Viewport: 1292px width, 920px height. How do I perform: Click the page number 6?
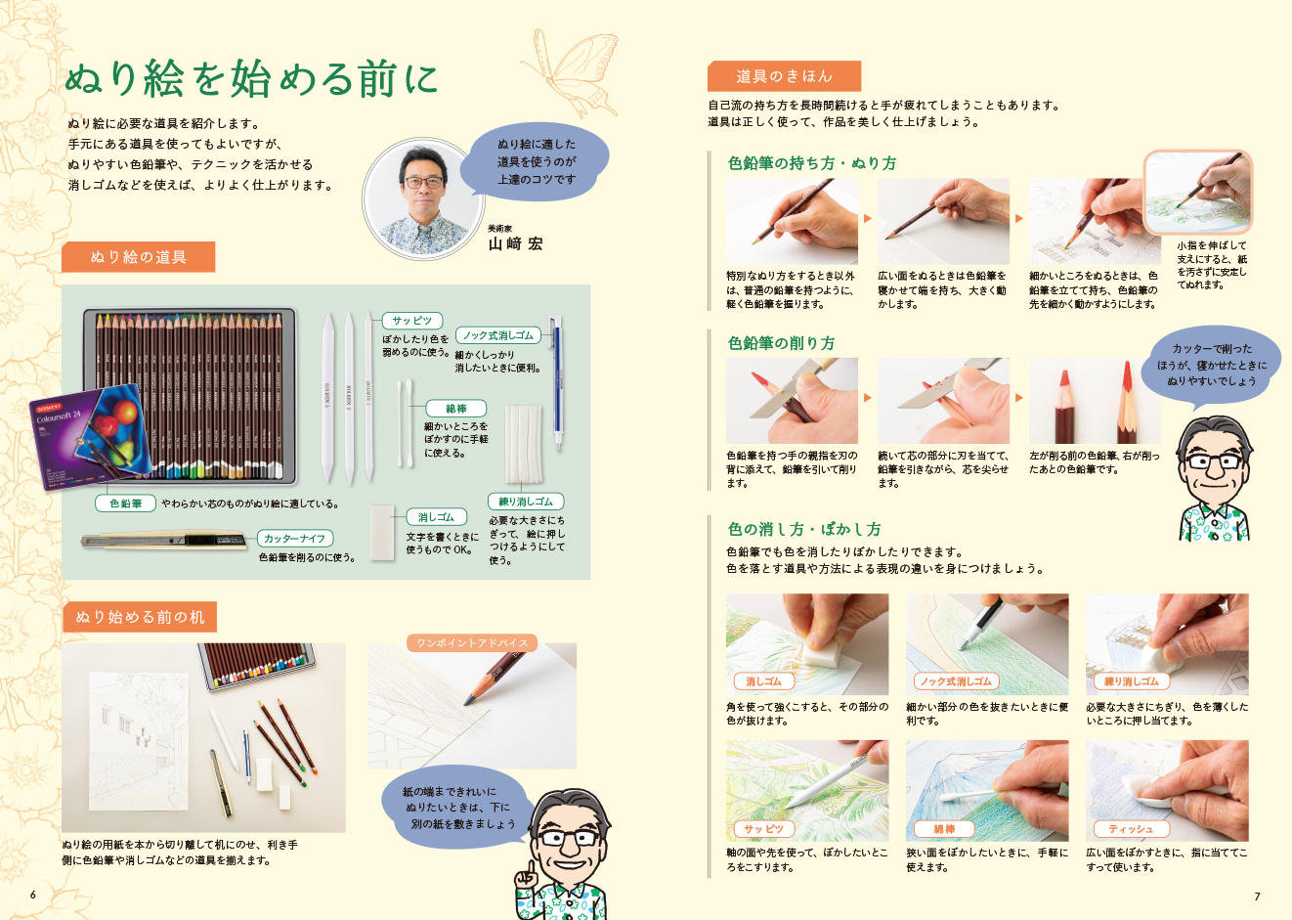pos(33,895)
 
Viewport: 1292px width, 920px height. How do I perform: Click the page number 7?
pos(1257,897)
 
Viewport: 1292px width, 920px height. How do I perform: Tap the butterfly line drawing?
pos(571,71)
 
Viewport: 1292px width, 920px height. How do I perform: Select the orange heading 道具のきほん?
pos(784,76)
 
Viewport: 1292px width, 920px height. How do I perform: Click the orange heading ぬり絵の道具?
pos(139,257)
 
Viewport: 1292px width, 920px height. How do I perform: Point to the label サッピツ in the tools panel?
pos(411,321)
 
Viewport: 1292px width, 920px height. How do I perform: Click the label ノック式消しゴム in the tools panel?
pos(498,335)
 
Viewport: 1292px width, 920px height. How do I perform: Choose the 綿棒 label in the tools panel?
pos(455,409)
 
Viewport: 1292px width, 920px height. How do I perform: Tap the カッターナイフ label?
pos(295,539)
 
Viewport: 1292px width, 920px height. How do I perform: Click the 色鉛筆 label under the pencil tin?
pos(126,504)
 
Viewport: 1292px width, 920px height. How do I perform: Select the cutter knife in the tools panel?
pos(164,541)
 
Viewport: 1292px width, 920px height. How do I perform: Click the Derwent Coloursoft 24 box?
pos(89,437)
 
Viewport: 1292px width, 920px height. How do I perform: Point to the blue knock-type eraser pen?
pos(556,382)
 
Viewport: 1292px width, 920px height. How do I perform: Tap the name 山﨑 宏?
pos(515,244)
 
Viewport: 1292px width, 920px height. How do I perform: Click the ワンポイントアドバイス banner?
pos(472,643)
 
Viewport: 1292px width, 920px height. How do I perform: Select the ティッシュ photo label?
pos(1131,829)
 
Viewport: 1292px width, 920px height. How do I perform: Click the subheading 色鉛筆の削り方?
pos(781,343)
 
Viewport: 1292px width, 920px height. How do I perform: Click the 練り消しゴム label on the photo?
pos(1131,681)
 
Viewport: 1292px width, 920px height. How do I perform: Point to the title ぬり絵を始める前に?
pos(251,78)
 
